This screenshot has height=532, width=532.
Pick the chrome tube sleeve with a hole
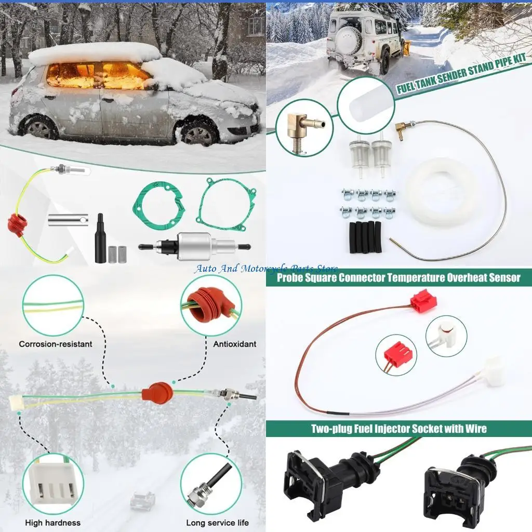[x=68, y=220]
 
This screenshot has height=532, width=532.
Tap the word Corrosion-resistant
[x=56, y=344]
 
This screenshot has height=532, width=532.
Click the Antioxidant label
[x=234, y=344]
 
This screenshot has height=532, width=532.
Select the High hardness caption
[x=53, y=523]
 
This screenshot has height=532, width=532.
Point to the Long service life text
[x=217, y=523]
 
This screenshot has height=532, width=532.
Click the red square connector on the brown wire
[x=423, y=300]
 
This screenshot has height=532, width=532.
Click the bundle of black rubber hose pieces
[x=366, y=237]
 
